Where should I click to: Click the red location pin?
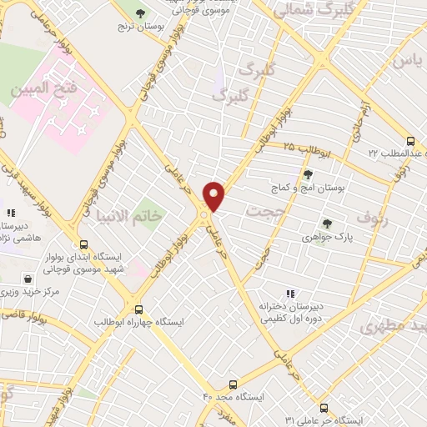point(214,194)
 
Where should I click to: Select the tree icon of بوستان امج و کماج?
point(308,173)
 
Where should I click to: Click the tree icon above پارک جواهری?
point(326,223)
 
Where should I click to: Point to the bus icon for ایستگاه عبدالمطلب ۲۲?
point(409,141)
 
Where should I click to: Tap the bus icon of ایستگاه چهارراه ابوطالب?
point(139,308)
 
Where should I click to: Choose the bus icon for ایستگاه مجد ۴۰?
point(233,384)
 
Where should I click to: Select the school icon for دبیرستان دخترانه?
point(289,293)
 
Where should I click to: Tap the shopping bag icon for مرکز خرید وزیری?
point(30,279)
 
